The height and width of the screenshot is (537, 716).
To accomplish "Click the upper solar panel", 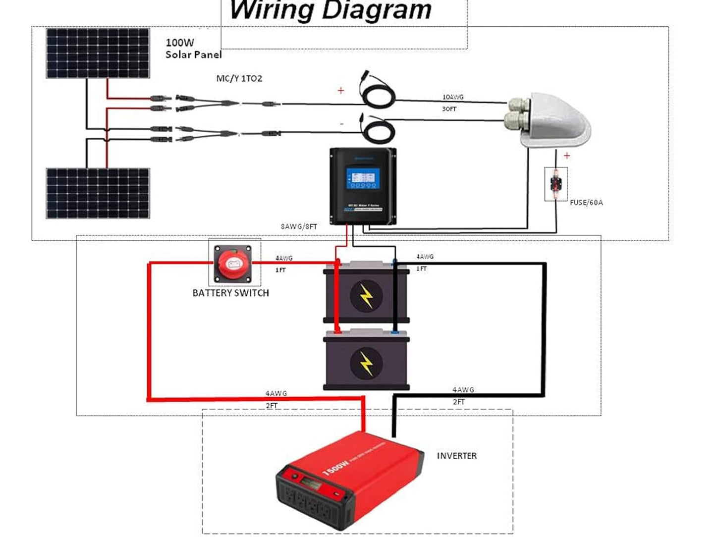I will pos(98,53).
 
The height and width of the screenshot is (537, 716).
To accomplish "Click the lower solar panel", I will pos(98,193).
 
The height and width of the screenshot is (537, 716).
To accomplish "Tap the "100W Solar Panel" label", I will pos(193,49).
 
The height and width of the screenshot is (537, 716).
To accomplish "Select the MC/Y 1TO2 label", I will pos(239,78).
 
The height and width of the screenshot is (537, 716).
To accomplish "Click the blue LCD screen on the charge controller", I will pos(363,178).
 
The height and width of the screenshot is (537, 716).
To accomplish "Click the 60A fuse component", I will pos(555,184).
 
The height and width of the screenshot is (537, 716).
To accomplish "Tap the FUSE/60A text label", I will pos(586,203).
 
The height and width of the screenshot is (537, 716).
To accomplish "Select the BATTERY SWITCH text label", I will pos(230,293).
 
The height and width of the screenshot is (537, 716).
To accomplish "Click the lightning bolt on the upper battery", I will pos(366,296).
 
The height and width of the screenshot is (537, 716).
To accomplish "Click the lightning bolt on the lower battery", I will pos(366,364).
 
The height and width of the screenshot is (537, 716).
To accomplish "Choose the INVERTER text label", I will pos(456,456).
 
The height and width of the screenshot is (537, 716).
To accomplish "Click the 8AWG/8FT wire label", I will pos(299,226).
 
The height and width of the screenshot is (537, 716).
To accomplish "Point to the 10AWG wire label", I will pos(453,97).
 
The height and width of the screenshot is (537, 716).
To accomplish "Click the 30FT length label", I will pos(449,109).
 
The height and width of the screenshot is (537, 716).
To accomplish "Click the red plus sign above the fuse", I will pos(567,156).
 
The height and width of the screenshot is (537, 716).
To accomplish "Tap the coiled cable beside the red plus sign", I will pos(378,92).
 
